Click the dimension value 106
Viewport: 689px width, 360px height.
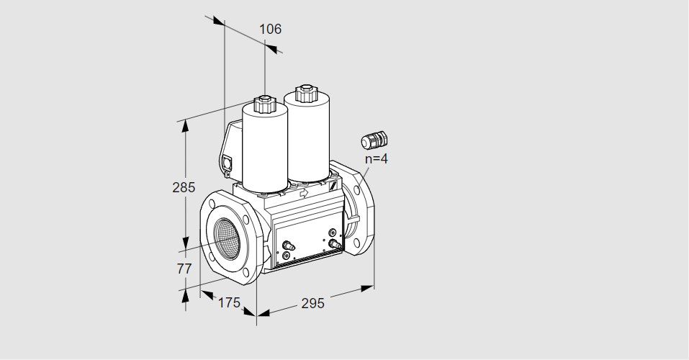[270, 29]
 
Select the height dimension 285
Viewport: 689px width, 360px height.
[184, 187]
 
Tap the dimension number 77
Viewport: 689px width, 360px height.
[184, 268]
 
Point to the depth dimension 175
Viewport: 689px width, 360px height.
[229, 302]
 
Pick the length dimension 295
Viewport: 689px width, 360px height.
[312, 303]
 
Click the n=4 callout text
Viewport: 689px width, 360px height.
[377, 158]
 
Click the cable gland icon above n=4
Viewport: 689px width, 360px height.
[374, 140]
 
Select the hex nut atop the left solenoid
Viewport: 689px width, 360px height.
[264, 104]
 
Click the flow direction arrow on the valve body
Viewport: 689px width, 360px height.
[304, 192]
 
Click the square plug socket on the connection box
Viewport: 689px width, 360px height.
[228, 162]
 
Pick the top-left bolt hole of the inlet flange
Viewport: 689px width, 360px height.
[213, 204]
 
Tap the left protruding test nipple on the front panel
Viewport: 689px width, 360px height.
[289, 245]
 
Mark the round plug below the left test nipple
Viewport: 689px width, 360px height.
[287, 256]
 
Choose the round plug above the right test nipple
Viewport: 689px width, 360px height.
[333, 232]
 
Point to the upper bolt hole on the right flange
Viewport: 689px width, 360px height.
[357, 190]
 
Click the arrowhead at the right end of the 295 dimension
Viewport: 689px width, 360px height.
[368, 288]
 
